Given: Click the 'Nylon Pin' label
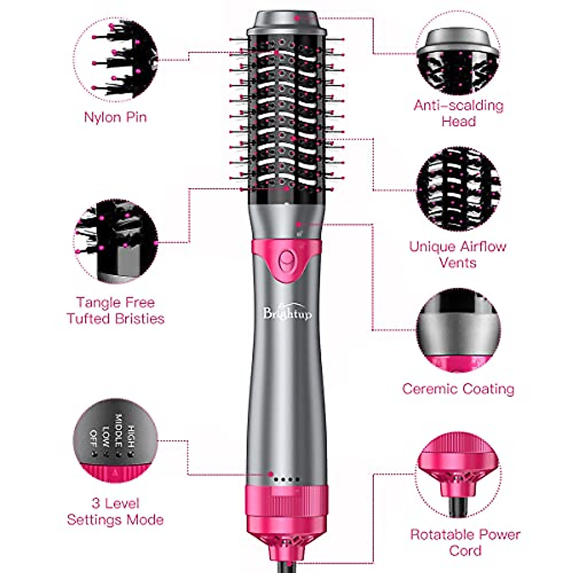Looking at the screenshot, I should click(x=115, y=117).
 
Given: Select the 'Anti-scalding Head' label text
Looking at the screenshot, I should click(x=458, y=113).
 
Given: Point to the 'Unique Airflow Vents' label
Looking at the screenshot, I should click(x=457, y=254).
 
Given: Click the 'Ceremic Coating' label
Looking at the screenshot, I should click(x=458, y=389).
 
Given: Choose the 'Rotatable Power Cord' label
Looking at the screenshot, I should click(x=465, y=542).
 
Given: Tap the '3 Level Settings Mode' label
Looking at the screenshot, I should click(x=115, y=511).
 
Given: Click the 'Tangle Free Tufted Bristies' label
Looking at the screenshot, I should click(x=115, y=310).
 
